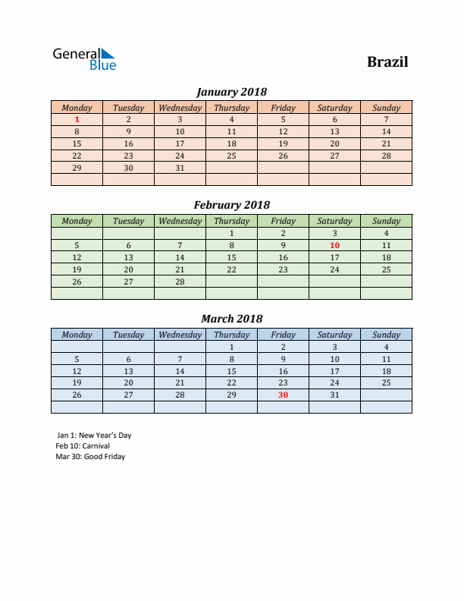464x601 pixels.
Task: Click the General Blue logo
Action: [x=84, y=59]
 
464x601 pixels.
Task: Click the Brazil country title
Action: [x=387, y=62]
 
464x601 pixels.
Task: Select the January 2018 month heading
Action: [x=231, y=92]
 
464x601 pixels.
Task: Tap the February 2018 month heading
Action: [x=231, y=205]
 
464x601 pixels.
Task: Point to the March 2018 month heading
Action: [x=231, y=319]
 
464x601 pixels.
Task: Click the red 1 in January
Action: [x=77, y=119]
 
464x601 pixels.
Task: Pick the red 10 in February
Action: [x=334, y=245]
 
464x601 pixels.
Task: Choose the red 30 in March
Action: [x=283, y=395]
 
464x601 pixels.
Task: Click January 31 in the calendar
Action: [x=180, y=168]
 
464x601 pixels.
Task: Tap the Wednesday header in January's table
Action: [x=180, y=108]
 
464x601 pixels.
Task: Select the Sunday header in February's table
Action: [x=386, y=221]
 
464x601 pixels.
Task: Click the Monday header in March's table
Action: [x=77, y=335]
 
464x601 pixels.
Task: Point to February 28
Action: [x=180, y=282]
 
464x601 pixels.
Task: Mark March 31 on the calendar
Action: [x=334, y=395]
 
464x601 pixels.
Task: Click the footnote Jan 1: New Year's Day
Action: [x=94, y=436]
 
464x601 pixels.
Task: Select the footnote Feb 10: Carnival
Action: [x=83, y=446]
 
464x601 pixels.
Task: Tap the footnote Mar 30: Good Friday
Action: [x=90, y=457]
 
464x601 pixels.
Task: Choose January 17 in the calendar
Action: [x=180, y=143]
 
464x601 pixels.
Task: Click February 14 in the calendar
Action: [x=180, y=257]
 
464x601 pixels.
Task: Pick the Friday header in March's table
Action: [x=283, y=335]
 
